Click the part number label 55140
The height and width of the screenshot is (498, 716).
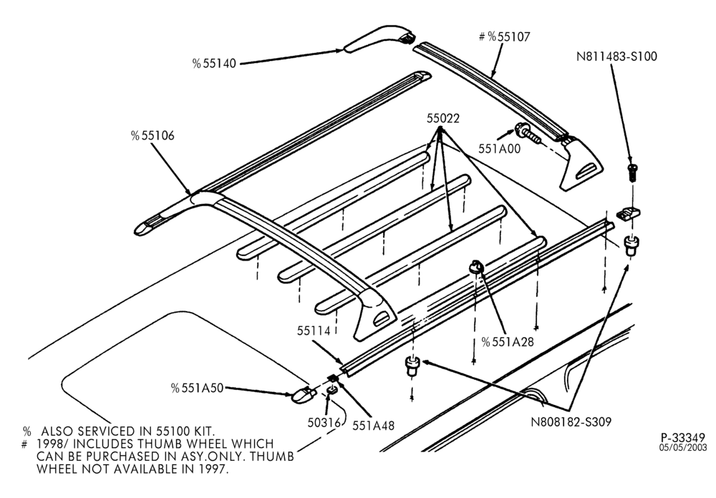214,64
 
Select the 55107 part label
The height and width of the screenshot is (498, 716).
505,36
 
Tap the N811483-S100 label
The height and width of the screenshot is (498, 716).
616,56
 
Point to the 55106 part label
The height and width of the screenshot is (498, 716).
153,135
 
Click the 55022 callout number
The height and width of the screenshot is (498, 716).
443,118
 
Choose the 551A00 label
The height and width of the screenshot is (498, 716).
499,148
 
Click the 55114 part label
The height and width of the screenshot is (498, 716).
314,331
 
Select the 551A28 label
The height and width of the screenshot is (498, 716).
508,341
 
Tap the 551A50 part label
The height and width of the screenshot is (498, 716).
198,388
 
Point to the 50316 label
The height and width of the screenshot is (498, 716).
324,423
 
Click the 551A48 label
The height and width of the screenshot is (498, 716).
373,425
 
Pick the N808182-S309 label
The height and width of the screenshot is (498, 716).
571,421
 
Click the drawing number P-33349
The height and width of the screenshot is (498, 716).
684,437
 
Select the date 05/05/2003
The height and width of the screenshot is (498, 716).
683,447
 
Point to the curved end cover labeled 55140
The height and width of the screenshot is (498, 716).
379,39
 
